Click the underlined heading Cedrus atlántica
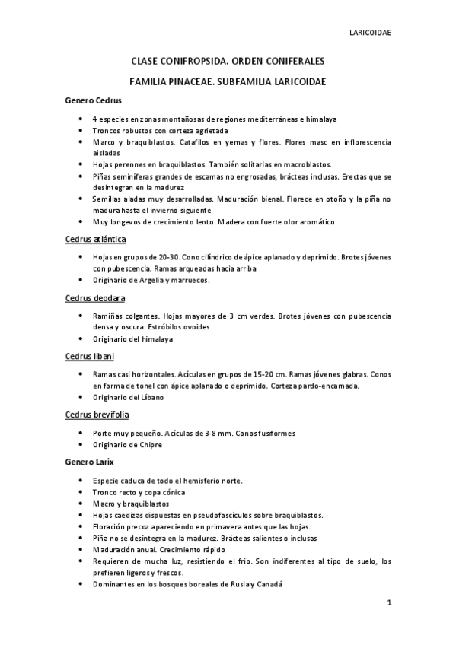pos(95,239)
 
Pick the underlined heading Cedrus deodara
pos(95,297)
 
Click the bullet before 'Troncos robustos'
pos(81,131)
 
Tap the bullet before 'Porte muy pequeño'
pos(81,433)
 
